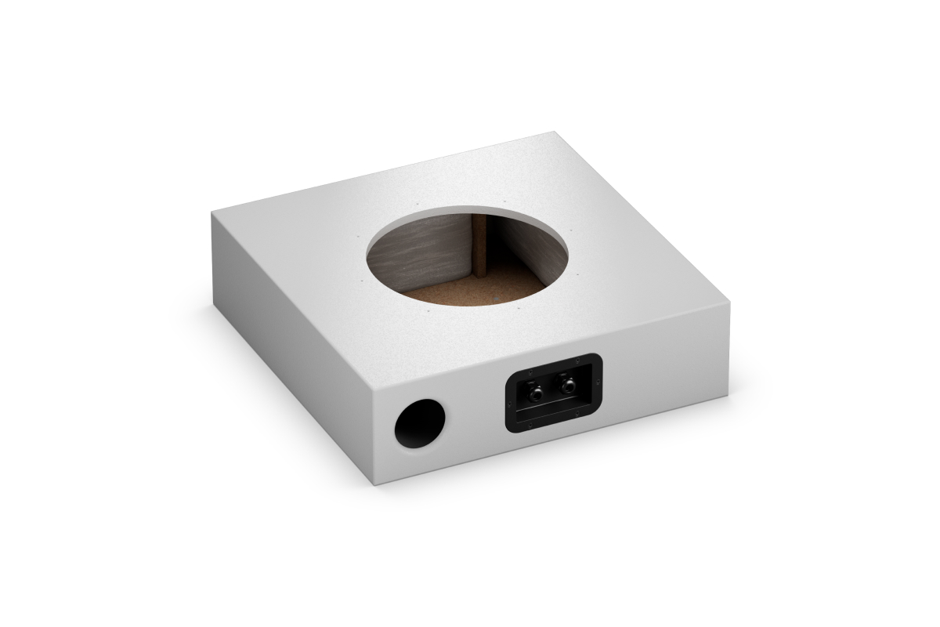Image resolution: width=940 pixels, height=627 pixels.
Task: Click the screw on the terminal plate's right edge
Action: click(598, 384)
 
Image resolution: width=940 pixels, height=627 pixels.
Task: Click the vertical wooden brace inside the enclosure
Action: click(479, 247)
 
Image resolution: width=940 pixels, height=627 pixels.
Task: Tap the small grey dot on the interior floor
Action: click(497, 298)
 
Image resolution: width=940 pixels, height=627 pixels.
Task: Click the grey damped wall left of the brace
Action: click(423, 251)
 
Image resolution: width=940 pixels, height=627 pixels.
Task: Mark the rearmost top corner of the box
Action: click(555, 132)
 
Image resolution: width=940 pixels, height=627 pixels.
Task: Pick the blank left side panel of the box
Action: click(290, 337)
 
